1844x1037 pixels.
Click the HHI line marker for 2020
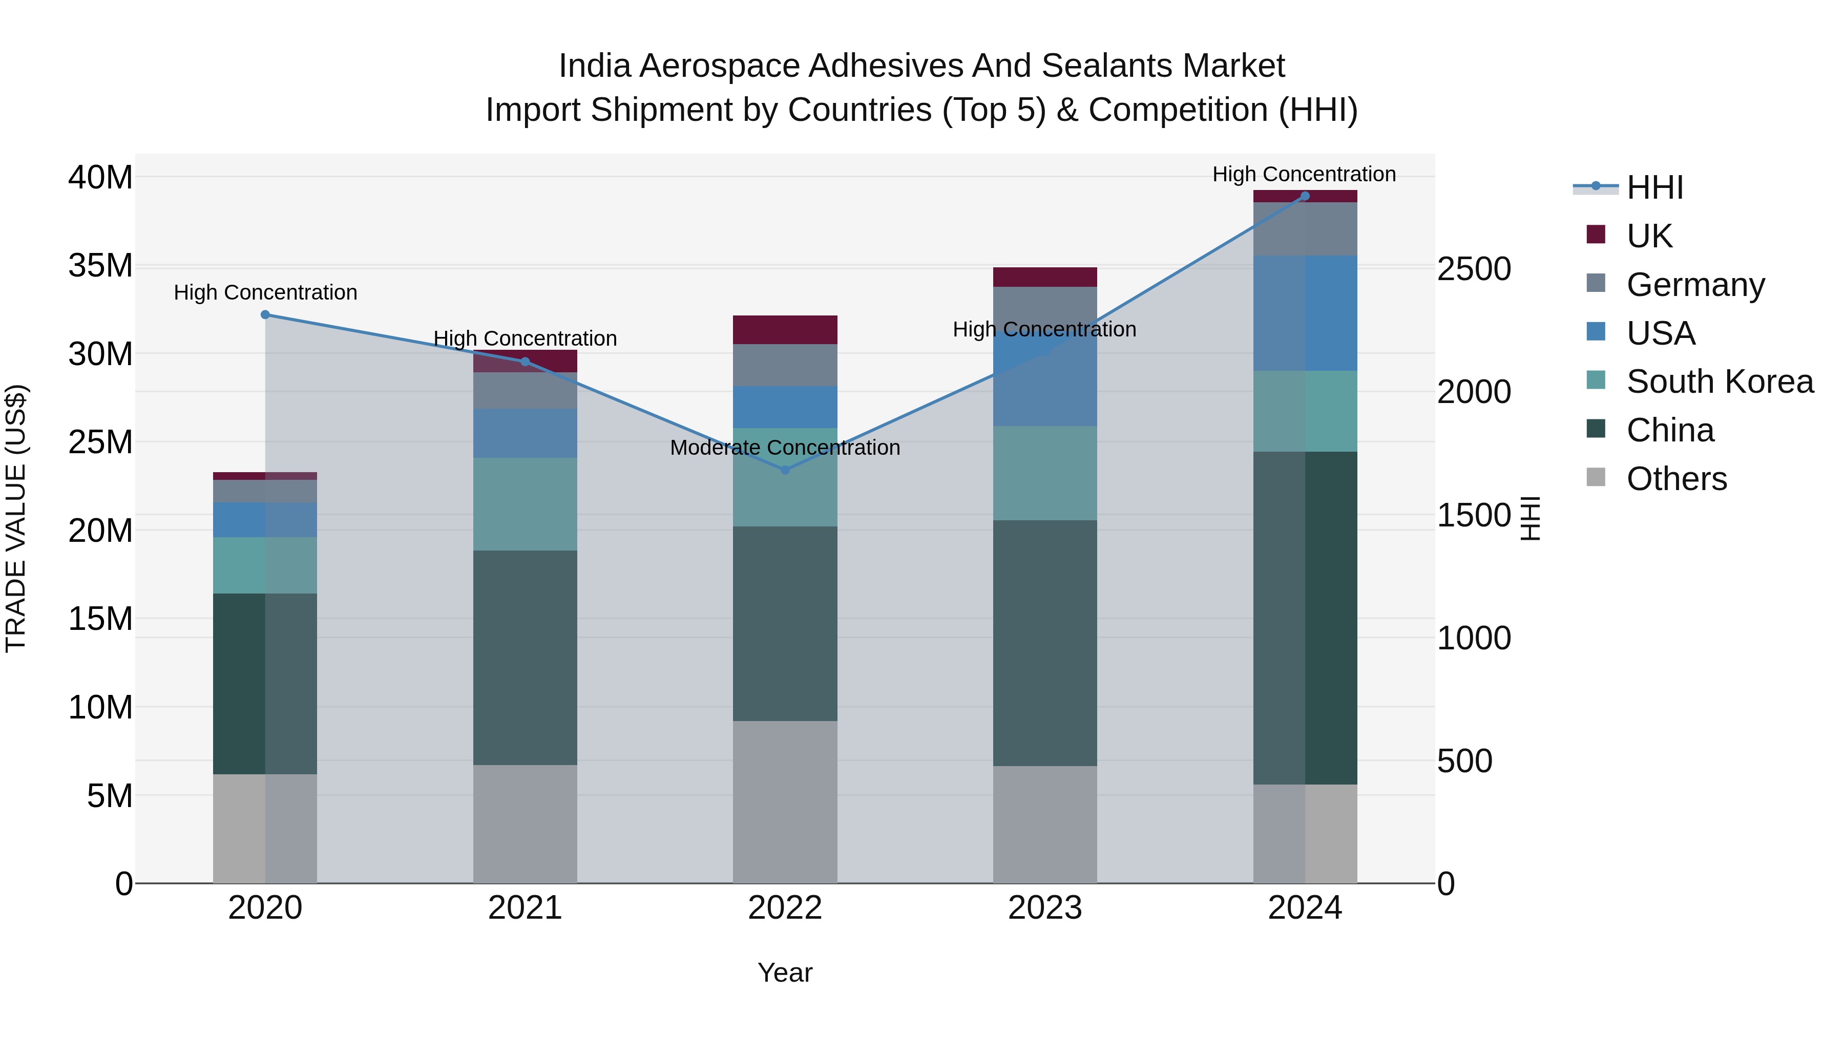(265, 315)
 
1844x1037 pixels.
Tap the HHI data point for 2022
(785, 470)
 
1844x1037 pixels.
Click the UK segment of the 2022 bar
(785, 330)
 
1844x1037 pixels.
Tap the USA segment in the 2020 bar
(265, 520)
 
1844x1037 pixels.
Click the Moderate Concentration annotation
(785, 448)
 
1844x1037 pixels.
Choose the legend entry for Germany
(1695, 285)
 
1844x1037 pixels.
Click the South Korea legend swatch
(1596, 380)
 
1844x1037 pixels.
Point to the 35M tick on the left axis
(100, 265)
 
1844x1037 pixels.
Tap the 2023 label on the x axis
(1044, 908)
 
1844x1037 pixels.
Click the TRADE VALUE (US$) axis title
(16, 518)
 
